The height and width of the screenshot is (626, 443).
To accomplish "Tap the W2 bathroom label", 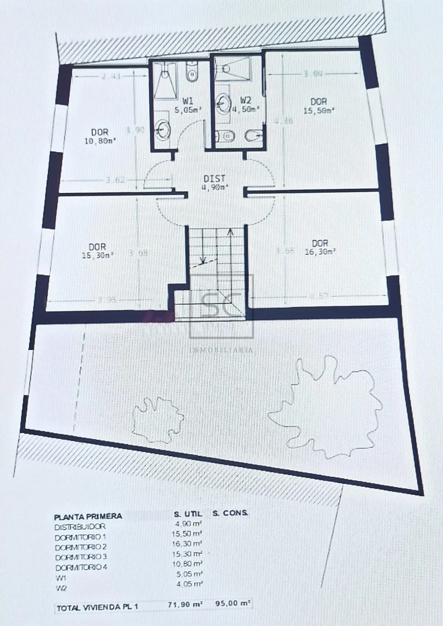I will tap(246, 100).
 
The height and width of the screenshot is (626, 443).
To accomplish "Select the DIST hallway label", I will tap(214, 179).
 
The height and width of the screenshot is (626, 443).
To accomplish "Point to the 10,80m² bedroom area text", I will tap(100, 142).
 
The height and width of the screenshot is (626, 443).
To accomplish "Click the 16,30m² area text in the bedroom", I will tap(320, 252).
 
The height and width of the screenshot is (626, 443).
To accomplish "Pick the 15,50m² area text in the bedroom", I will tap(319, 110).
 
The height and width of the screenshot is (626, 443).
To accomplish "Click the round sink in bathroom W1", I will tap(163, 130).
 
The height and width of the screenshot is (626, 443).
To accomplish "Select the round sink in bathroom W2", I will tap(223, 104).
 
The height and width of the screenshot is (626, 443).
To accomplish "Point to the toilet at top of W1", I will tap(192, 73).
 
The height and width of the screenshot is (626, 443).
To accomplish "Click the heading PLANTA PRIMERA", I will tap(88, 517).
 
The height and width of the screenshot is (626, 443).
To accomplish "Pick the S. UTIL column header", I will tap(188, 514).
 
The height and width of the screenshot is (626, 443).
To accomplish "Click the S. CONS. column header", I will tap(230, 513).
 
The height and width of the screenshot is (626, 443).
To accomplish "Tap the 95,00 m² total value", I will tap(233, 603).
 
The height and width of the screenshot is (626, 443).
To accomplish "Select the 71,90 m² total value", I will tap(185, 604).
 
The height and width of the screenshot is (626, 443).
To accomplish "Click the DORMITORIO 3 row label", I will tap(81, 557).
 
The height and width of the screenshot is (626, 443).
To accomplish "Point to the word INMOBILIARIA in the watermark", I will tap(221, 350).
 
